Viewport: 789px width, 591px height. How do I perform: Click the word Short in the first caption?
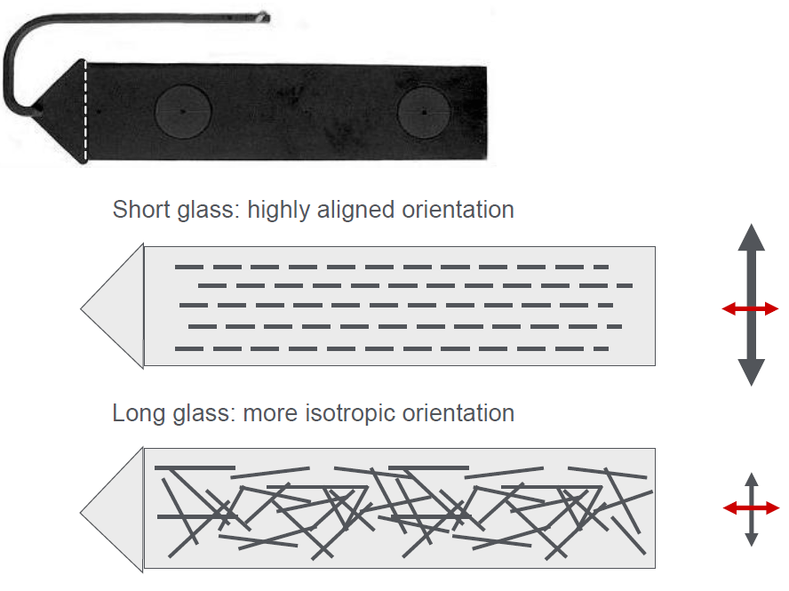coord(141,210)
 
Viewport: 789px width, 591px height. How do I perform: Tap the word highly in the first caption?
coord(279,211)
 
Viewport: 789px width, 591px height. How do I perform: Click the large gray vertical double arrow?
coord(752,305)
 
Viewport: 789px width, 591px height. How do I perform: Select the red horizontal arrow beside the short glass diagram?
coord(750,308)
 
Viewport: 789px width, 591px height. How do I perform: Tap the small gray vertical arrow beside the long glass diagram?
coord(752,509)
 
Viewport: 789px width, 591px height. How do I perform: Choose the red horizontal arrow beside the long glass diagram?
coord(752,508)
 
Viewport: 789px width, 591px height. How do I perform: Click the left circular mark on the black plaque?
coord(183,111)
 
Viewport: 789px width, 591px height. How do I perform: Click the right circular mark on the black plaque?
coord(424,112)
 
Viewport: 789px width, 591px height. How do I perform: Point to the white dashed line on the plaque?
coord(85,111)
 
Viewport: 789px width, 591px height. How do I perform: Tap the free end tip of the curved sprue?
coord(265,18)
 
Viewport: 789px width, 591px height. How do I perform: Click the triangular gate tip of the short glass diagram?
coord(81,308)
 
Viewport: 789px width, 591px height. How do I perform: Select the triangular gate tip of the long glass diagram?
coord(81,513)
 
